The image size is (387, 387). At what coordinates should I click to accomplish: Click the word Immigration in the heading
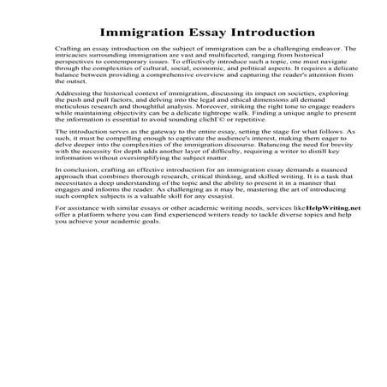click(x=141, y=33)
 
